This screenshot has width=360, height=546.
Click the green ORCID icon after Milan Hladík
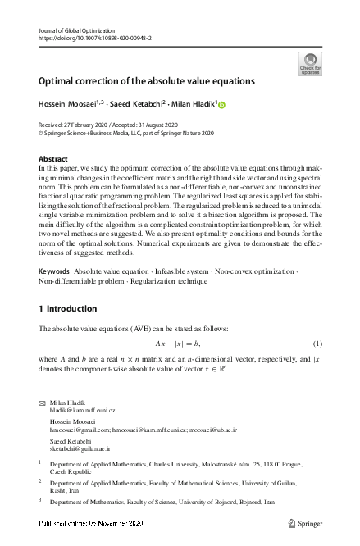(x=221, y=105)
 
